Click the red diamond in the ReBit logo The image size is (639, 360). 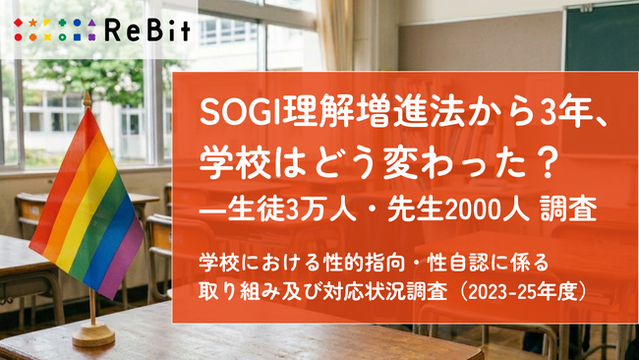19,23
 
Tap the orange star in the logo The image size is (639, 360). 32,23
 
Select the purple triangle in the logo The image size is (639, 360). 91,23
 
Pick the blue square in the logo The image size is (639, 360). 77,37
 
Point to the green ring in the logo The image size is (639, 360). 62,37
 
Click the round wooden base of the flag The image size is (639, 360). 93,334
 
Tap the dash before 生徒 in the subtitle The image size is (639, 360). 213,212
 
